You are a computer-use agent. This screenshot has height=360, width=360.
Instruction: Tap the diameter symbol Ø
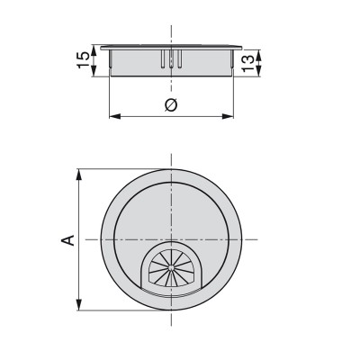172,106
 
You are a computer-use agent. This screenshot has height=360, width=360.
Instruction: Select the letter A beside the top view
67,240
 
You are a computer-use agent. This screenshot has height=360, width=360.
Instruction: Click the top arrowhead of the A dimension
80,173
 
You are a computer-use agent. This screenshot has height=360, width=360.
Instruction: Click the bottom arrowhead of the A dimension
80,306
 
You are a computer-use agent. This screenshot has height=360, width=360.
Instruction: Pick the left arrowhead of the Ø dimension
112,116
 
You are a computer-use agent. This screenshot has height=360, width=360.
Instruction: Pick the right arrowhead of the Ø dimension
232,116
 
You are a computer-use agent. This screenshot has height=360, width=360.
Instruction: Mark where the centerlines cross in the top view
171,239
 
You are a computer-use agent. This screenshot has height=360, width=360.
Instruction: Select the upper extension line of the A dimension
117,168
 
